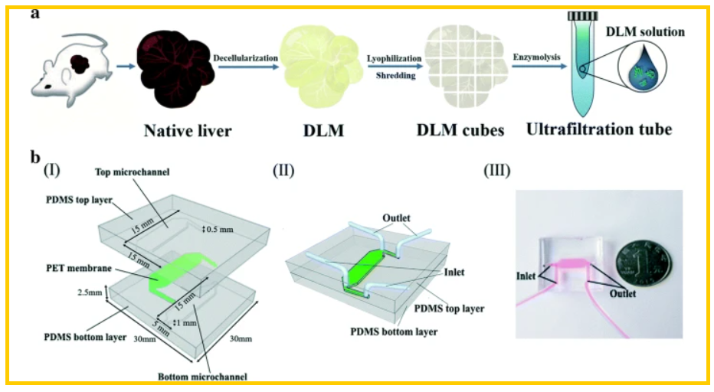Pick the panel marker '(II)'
click(284, 171)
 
